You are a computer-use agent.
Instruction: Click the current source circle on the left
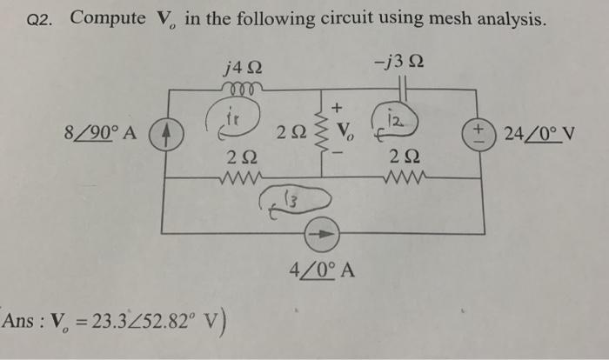[161, 137]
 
